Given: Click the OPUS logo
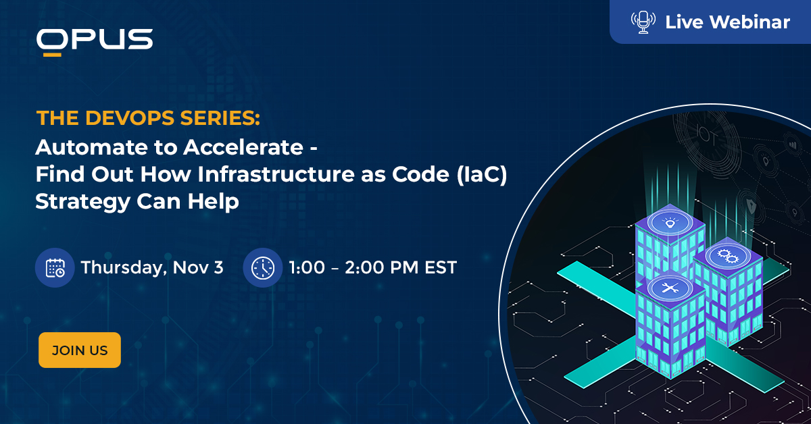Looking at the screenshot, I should click(x=95, y=41).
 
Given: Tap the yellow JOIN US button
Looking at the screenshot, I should click(x=80, y=350).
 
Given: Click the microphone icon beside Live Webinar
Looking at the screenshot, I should click(x=643, y=22).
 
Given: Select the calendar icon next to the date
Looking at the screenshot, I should click(x=55, y=267).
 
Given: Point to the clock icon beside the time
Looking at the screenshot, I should click(x=262, y=267).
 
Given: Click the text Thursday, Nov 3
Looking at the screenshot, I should click(x=151, y=267).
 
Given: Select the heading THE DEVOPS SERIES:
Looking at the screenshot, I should click(x=148, y=119).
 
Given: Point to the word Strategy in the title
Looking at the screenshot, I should click(x=72, y=201).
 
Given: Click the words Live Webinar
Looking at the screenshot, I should click(x=727, y=22).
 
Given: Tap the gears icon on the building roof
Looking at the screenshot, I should click(x=728, y=255).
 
